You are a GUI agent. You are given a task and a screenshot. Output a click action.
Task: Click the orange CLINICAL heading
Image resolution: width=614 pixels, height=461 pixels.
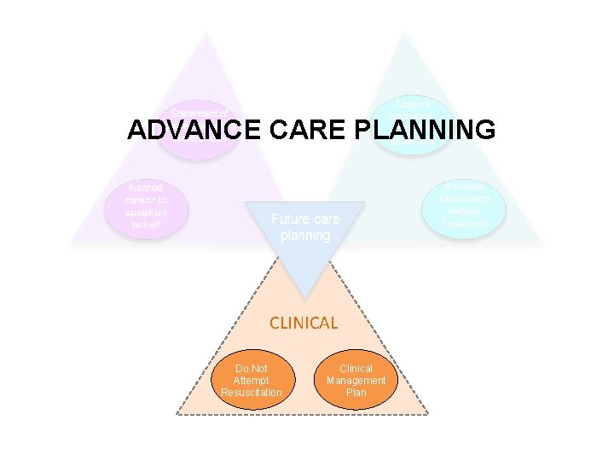(x=304, y=323)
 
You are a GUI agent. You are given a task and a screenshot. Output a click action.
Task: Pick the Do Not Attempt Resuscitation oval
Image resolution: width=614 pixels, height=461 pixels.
(x=252, y=380)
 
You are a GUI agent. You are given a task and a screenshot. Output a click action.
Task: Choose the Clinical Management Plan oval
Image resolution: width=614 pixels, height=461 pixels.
(x=356, y=380)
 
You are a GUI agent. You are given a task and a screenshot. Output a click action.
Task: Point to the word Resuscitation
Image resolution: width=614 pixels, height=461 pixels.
(x=252, y=392)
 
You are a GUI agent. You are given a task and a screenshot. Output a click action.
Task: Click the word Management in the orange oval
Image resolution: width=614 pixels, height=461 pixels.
(x=356, y=381)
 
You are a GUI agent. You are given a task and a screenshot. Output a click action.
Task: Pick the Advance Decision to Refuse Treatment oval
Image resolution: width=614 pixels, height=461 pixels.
(x=464, y=206)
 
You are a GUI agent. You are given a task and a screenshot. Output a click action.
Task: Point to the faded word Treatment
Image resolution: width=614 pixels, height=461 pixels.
(x=464, y=225)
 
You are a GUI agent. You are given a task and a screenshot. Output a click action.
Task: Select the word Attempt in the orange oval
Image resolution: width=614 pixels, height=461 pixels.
(x=252, y=380)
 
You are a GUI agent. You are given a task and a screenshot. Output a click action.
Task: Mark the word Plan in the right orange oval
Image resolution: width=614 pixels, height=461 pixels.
(x=356, y=393)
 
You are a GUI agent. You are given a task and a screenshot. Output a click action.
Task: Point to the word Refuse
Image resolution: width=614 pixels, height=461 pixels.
(x=464, y=212)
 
